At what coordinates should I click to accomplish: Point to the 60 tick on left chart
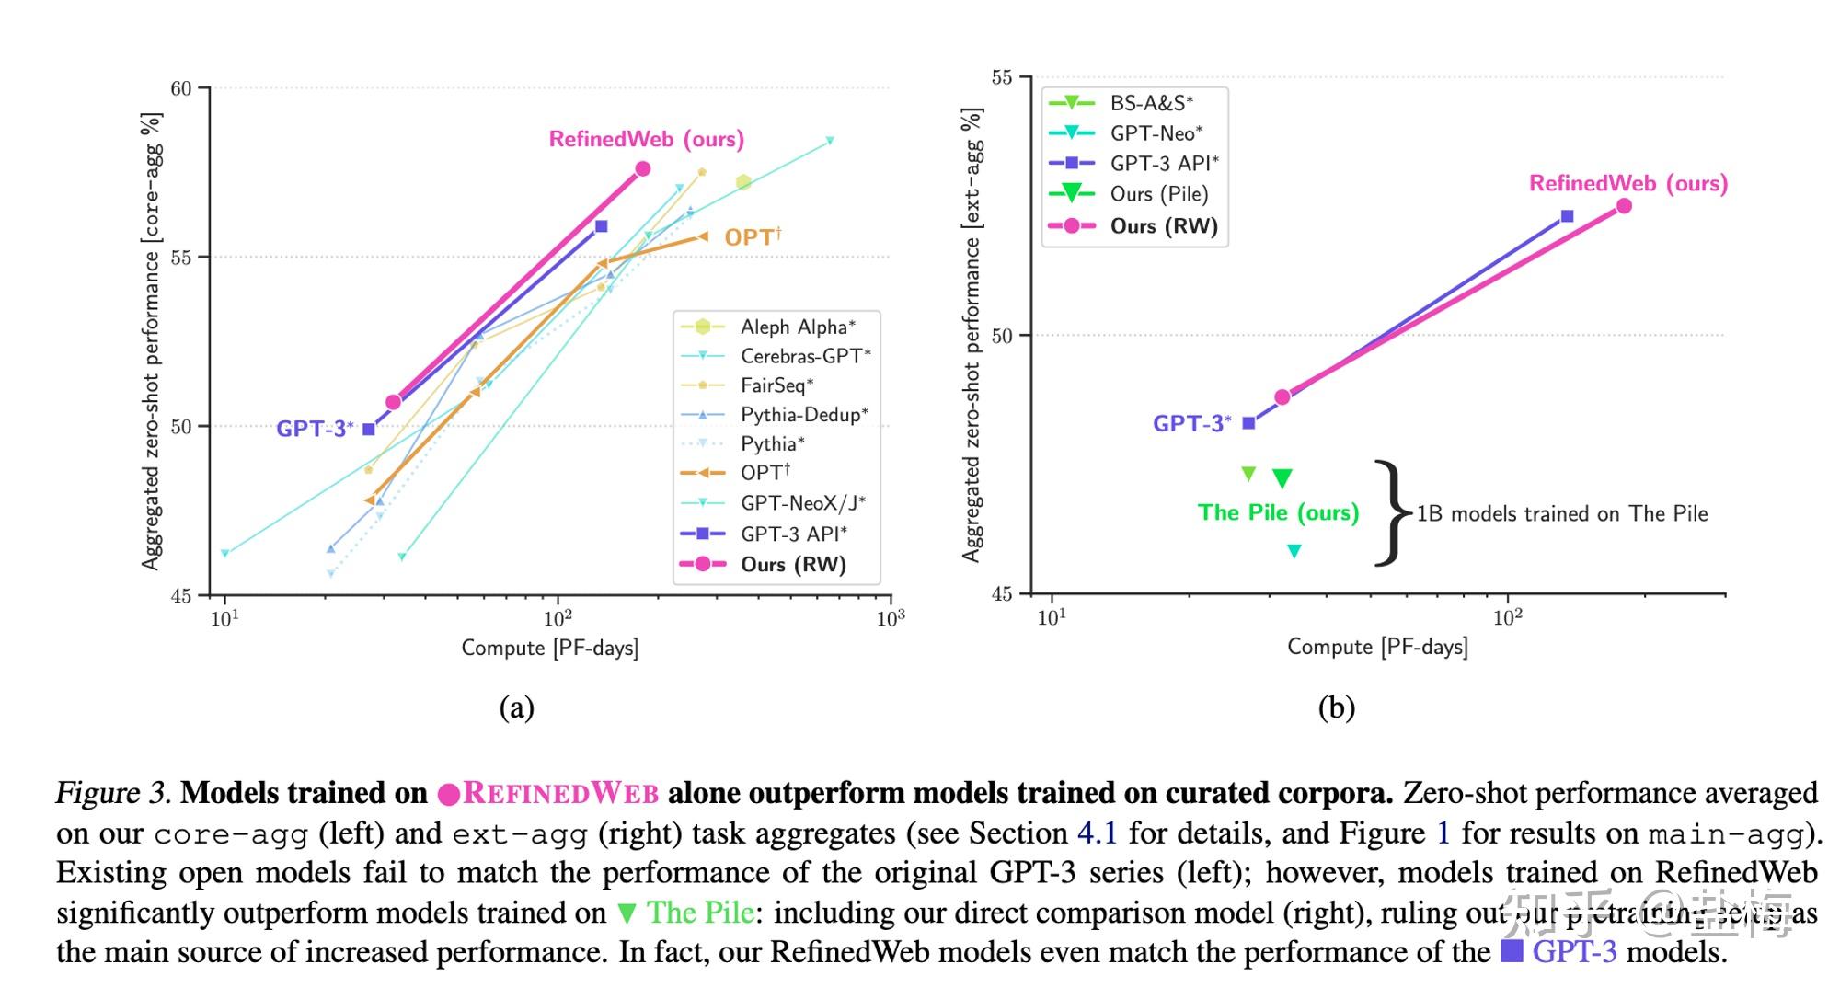181,88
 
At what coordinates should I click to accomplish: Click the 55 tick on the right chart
1002,78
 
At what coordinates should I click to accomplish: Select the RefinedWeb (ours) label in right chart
1627,183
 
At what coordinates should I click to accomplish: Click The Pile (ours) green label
1278,512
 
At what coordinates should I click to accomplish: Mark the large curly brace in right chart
1392,512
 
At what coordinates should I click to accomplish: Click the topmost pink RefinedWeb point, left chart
643,168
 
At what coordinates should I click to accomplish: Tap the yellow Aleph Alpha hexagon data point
743,182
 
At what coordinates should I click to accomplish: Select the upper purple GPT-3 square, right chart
1567,216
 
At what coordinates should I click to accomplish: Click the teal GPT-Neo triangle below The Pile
1294,551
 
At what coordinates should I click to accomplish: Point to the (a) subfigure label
516,707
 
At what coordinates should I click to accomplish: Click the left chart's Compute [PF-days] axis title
549,648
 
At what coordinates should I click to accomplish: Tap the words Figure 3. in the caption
113,793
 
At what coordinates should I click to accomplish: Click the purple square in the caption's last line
1512,951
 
